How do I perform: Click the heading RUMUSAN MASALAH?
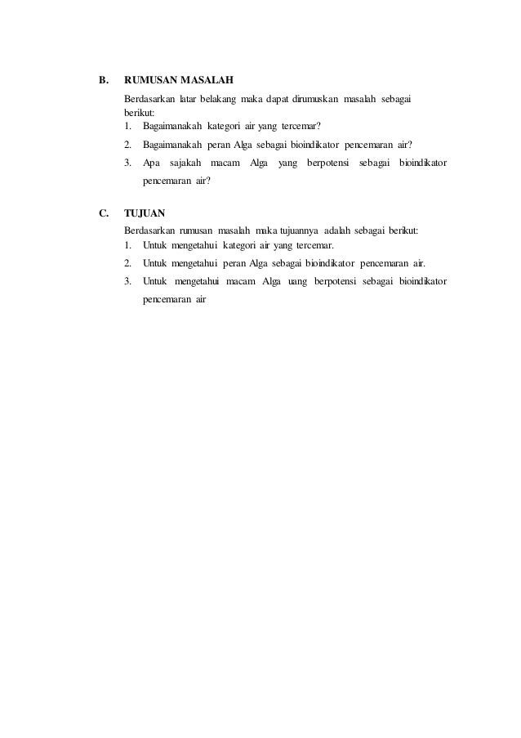click(x=179, y=80)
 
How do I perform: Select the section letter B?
click(x=103, y=80)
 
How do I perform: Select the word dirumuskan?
click(x=309, y=99)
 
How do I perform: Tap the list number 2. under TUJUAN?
click(x=129, y=263)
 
